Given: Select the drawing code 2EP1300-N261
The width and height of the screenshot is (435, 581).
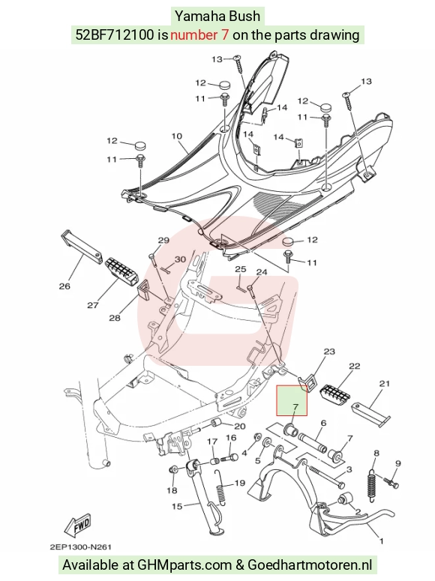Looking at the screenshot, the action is (80, 547).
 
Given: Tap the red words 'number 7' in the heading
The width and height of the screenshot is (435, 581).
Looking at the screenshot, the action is (199, 34).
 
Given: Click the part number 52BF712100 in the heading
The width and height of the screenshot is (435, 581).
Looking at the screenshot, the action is (114, 34).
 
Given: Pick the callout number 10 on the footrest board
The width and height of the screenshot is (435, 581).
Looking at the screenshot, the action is (177, 136).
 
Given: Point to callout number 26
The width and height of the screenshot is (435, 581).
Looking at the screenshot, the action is (64, 286).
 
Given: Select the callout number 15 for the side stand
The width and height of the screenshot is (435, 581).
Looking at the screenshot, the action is (177, 506).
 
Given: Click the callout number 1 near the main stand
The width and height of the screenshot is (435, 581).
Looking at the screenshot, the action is (382, 541).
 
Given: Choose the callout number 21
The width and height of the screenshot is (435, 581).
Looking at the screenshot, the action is (384, 383).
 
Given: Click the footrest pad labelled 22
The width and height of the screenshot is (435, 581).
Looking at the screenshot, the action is (335, 394).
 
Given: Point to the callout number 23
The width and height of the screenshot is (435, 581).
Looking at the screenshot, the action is (329, 352).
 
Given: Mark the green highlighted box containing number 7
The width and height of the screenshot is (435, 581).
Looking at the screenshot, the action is (292, 400).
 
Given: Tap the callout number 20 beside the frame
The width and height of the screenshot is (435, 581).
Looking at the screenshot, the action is (240, 426).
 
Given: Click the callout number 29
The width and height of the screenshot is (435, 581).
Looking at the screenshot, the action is (163, 240).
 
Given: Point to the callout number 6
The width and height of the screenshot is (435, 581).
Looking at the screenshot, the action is (323, 423).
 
